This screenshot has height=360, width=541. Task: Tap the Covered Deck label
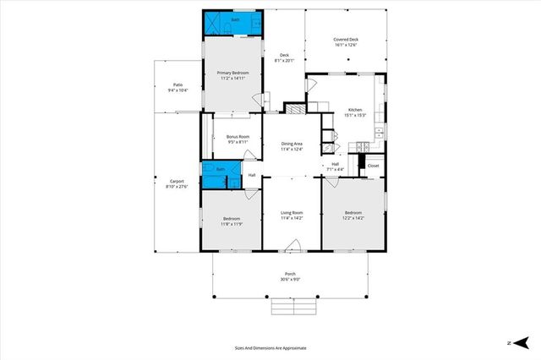coord(346,40)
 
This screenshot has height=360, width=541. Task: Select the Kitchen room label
coord(355,110)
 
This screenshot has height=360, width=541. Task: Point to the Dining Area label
coord(292,145)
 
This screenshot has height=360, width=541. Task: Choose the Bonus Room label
coord(238,137)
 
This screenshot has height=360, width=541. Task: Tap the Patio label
coord(178,85)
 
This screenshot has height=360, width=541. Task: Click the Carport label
coord(178,181)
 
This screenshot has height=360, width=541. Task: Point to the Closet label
coord(373,166)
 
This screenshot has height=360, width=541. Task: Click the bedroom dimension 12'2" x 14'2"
coord(353,217)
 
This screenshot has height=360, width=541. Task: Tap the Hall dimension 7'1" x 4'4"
coord(335,170)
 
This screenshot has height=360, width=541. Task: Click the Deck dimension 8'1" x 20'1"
coord(285,61)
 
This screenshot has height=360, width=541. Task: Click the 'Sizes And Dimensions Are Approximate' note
coord(270,347)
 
